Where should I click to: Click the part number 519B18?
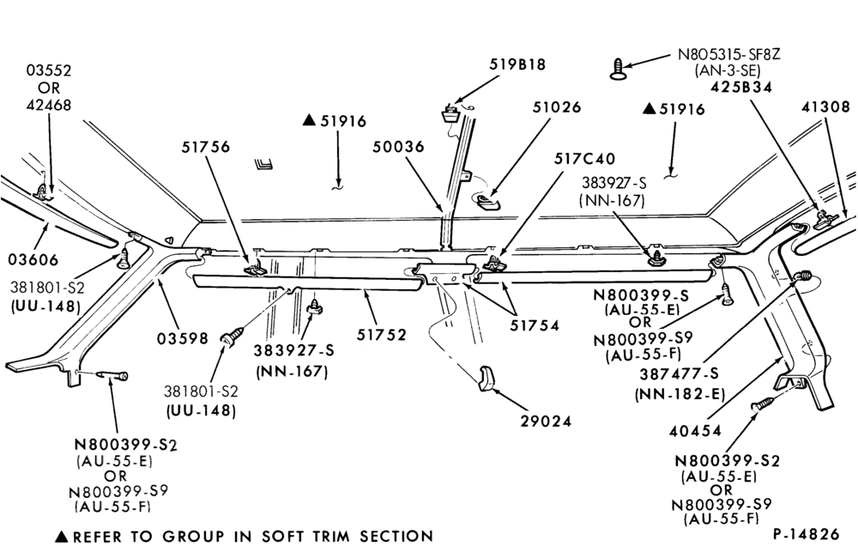[517, 64]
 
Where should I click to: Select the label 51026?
[557, 106]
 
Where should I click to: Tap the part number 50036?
[398, 147]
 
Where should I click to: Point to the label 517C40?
[584, 159]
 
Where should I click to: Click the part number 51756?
[206, 147]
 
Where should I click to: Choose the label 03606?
[33, 259]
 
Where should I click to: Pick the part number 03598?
[183, 339]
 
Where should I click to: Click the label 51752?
[382, 335]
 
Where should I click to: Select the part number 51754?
[535, 325]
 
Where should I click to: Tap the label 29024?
[546, 422]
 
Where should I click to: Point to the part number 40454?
[695, 431]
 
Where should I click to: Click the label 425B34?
[741, 87]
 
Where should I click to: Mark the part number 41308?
[826, 106]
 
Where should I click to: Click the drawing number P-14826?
[806, 534]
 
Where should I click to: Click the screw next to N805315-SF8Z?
[618, 69]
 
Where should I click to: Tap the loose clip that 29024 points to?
[487, 379]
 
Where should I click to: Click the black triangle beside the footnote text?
[62, 537]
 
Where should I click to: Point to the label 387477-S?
[679, 374]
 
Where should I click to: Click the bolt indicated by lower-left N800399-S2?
[112, 376]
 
